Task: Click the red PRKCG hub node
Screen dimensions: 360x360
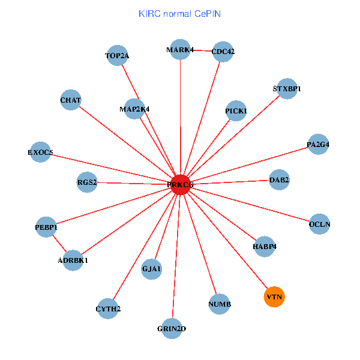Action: [181, 185]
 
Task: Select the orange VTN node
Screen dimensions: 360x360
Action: [274, 297]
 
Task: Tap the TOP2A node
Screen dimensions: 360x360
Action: [117, 56]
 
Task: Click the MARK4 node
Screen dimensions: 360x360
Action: [180, 50]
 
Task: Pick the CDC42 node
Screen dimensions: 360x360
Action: [223, 52]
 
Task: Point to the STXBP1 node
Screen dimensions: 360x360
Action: [287, 89]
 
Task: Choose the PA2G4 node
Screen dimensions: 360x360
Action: [318, 145]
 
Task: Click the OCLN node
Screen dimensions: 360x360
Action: [320, 224]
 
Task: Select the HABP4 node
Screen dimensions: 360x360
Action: [265, 246]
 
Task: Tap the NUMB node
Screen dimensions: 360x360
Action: [220, 304]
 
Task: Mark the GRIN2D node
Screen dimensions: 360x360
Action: [172, 329]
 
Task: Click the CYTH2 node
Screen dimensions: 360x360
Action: [109, 309]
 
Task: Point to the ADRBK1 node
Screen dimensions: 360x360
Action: [73, 260]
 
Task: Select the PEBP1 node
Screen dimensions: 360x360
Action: [46, 227]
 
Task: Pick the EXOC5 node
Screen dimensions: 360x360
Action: [41, 152]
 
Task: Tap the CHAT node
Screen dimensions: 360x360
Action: [71, 100]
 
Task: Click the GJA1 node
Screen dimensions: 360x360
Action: [152, 270]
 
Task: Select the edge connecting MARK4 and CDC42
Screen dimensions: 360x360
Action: [202, 50]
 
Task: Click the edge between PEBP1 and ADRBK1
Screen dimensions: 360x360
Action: [59, 244]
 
